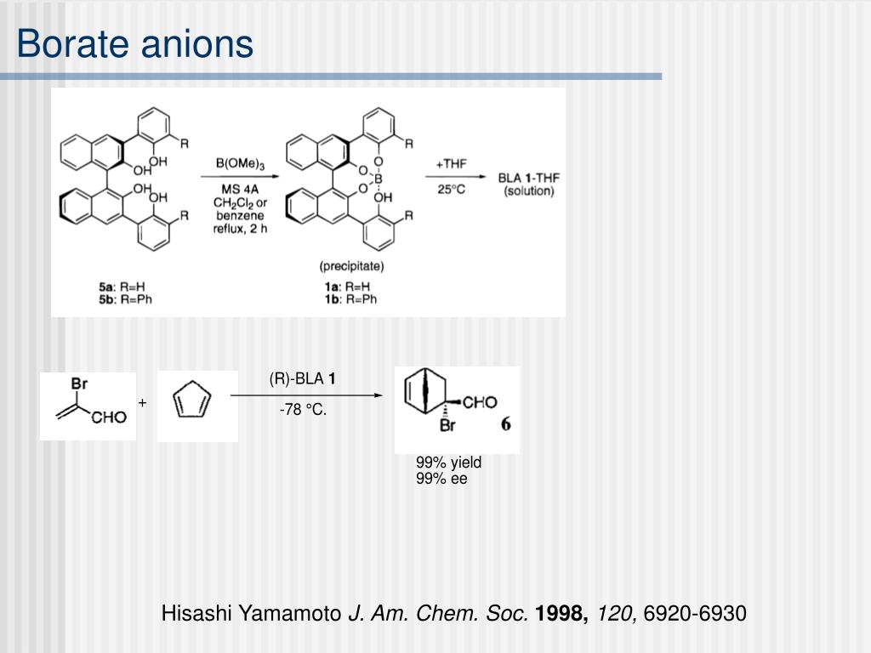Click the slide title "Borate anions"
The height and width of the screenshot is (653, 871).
point(135,43)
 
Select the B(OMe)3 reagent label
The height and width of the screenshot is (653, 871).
point(240,164)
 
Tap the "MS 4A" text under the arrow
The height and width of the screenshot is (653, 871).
point(240,190)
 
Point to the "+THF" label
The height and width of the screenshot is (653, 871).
point(451,164)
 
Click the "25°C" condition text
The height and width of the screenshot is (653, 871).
point(451,190)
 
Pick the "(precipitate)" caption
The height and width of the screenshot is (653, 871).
point(351,266)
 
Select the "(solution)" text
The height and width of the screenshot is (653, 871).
point(529,191)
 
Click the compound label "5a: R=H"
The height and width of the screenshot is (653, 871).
point(122,287)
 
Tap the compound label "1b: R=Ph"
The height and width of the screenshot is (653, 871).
point(351,299)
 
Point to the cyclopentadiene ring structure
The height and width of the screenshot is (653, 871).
point(192,400)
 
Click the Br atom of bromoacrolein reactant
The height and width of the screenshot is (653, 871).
point(79,383)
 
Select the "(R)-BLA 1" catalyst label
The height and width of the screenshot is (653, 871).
point(302,378)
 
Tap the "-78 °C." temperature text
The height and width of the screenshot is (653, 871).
point(303,410)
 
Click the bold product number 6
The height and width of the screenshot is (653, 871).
point(505,424)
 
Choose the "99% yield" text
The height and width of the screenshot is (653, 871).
point(449,463)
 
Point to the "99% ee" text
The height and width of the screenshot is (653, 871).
point(441,479)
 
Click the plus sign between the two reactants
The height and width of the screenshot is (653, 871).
point(143,402)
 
